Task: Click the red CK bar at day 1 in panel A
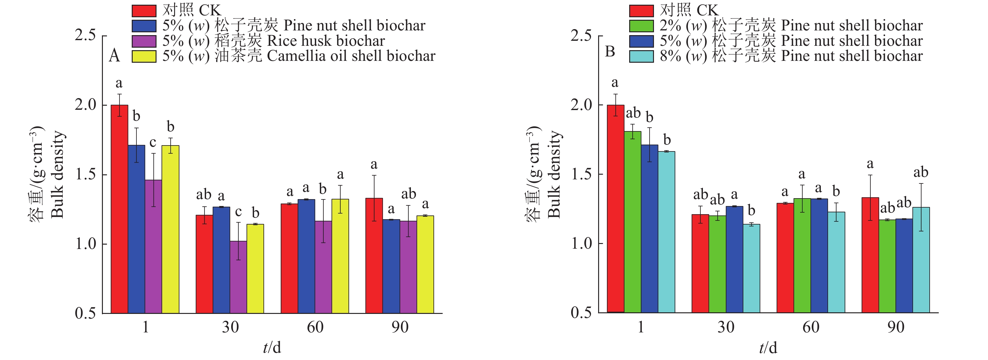(119, 209)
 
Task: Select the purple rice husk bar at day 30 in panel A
(238, 277)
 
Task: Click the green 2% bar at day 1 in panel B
(632, 222)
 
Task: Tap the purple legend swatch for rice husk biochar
(144, 41)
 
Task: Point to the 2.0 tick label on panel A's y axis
(85, 105)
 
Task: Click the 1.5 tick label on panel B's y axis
(581, 174)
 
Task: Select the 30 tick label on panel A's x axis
(230, 327)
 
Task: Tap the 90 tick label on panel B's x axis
(895, 327)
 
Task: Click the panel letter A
(114, 56)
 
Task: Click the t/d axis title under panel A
(272, 347)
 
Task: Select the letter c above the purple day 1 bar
(153, 143)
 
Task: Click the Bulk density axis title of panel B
(554, 174)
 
